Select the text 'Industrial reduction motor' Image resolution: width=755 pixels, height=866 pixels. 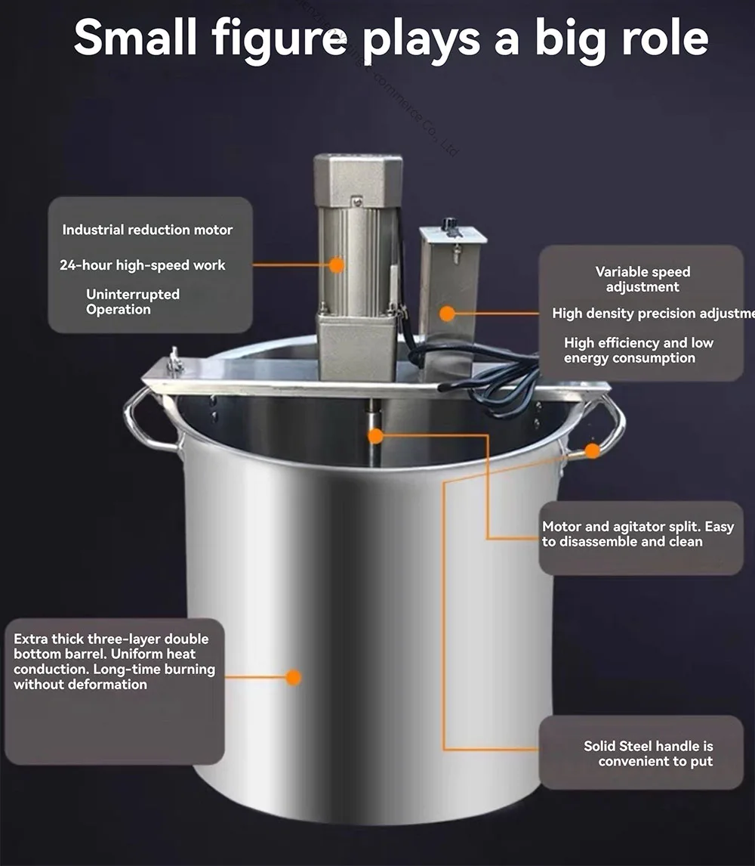click(147, 230)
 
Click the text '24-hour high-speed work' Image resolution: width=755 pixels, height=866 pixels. click(142, 265)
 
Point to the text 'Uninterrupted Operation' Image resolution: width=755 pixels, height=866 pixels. click(132, 302)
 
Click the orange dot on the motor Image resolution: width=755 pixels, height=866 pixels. click(337, 264)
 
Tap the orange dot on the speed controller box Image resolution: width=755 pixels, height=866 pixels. click(448, 313)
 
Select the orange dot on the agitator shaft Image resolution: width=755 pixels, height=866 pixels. click(375, 436)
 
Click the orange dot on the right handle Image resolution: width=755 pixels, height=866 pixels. click(593, 450)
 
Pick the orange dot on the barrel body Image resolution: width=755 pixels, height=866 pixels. click(294, 677)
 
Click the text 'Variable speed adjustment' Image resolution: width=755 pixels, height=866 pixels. click(643, 279)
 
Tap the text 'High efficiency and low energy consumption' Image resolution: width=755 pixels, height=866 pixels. click(638, 351)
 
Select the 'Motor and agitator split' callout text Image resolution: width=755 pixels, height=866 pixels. click(637, 534)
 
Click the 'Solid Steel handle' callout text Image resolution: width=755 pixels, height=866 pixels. click(649, 753)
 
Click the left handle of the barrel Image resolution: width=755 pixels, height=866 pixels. click(143, 423)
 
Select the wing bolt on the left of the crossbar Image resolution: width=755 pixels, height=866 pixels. click(175, 362)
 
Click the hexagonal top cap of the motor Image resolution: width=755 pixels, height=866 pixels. click(358, 178)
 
